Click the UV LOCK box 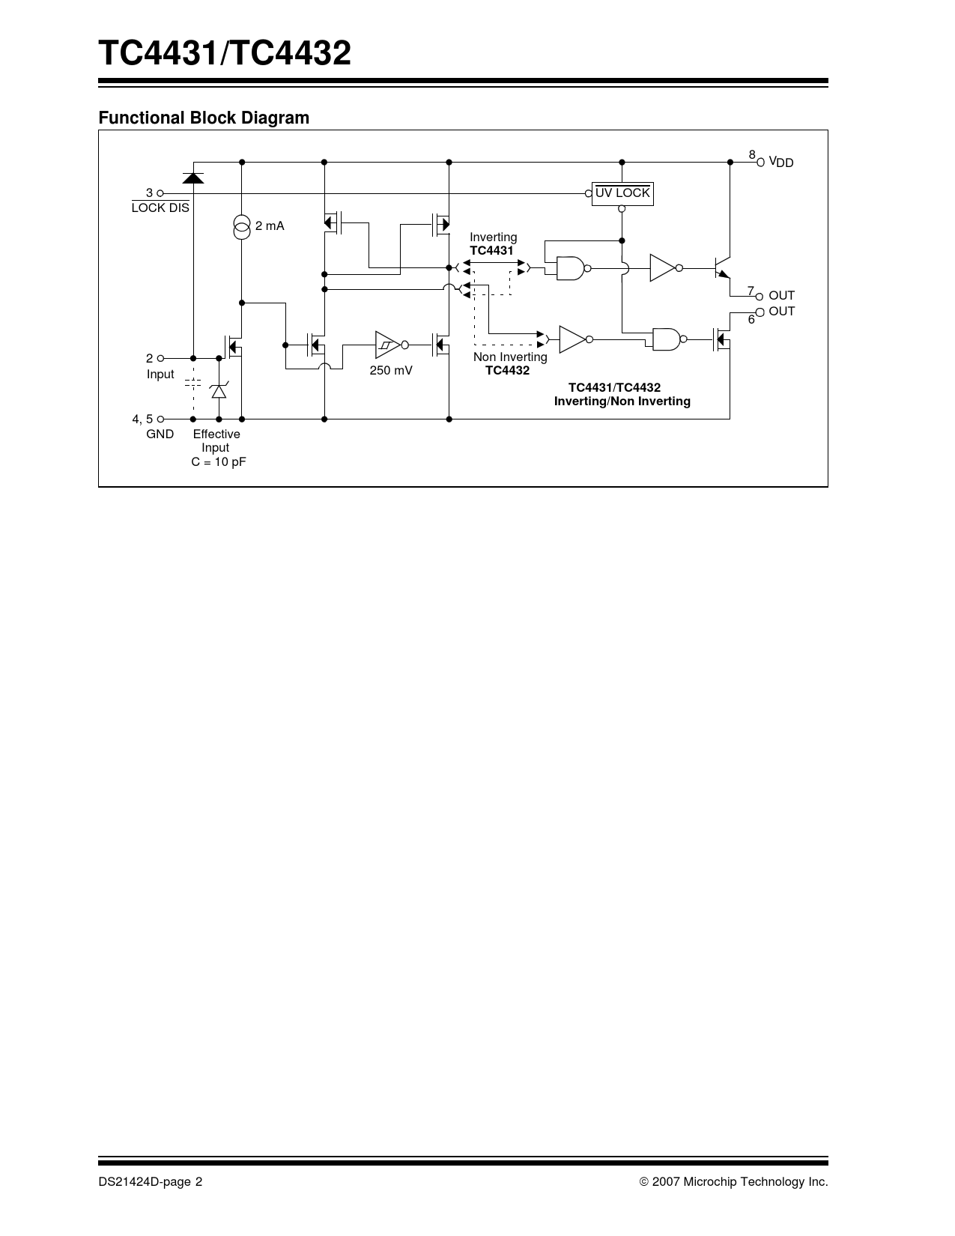pyautogui.click(x=622, y=194)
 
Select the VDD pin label pyautogui.click(x=781, y=162)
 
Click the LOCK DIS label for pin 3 pyautogui.click(x=160, y=207)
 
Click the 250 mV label pyautogui.click(x=391, y=370)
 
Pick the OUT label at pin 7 pyautogui.click(x=781, y=295)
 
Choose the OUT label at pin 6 pyautogui.click(x=781, y=311)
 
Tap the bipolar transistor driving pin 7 pyautogui.click(x=722, y=267)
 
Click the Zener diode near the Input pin pyautogui.click(x=219, y=391)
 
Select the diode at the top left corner pyautogui.click(x=192, y=178)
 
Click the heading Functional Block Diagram pyautogui.click(x=204, y=118)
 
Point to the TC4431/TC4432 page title pyautogui.click(x=225, y=53)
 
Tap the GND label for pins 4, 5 pyautogui.click(x=160, y=434)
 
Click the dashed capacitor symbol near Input pyautogui.click(x=192, y=383)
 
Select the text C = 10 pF pyautogui.click(x=219, y=462)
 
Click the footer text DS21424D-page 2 pyautogui.click(x=150, y=1181)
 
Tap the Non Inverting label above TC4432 pyautogui.click(x=510, y=357)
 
